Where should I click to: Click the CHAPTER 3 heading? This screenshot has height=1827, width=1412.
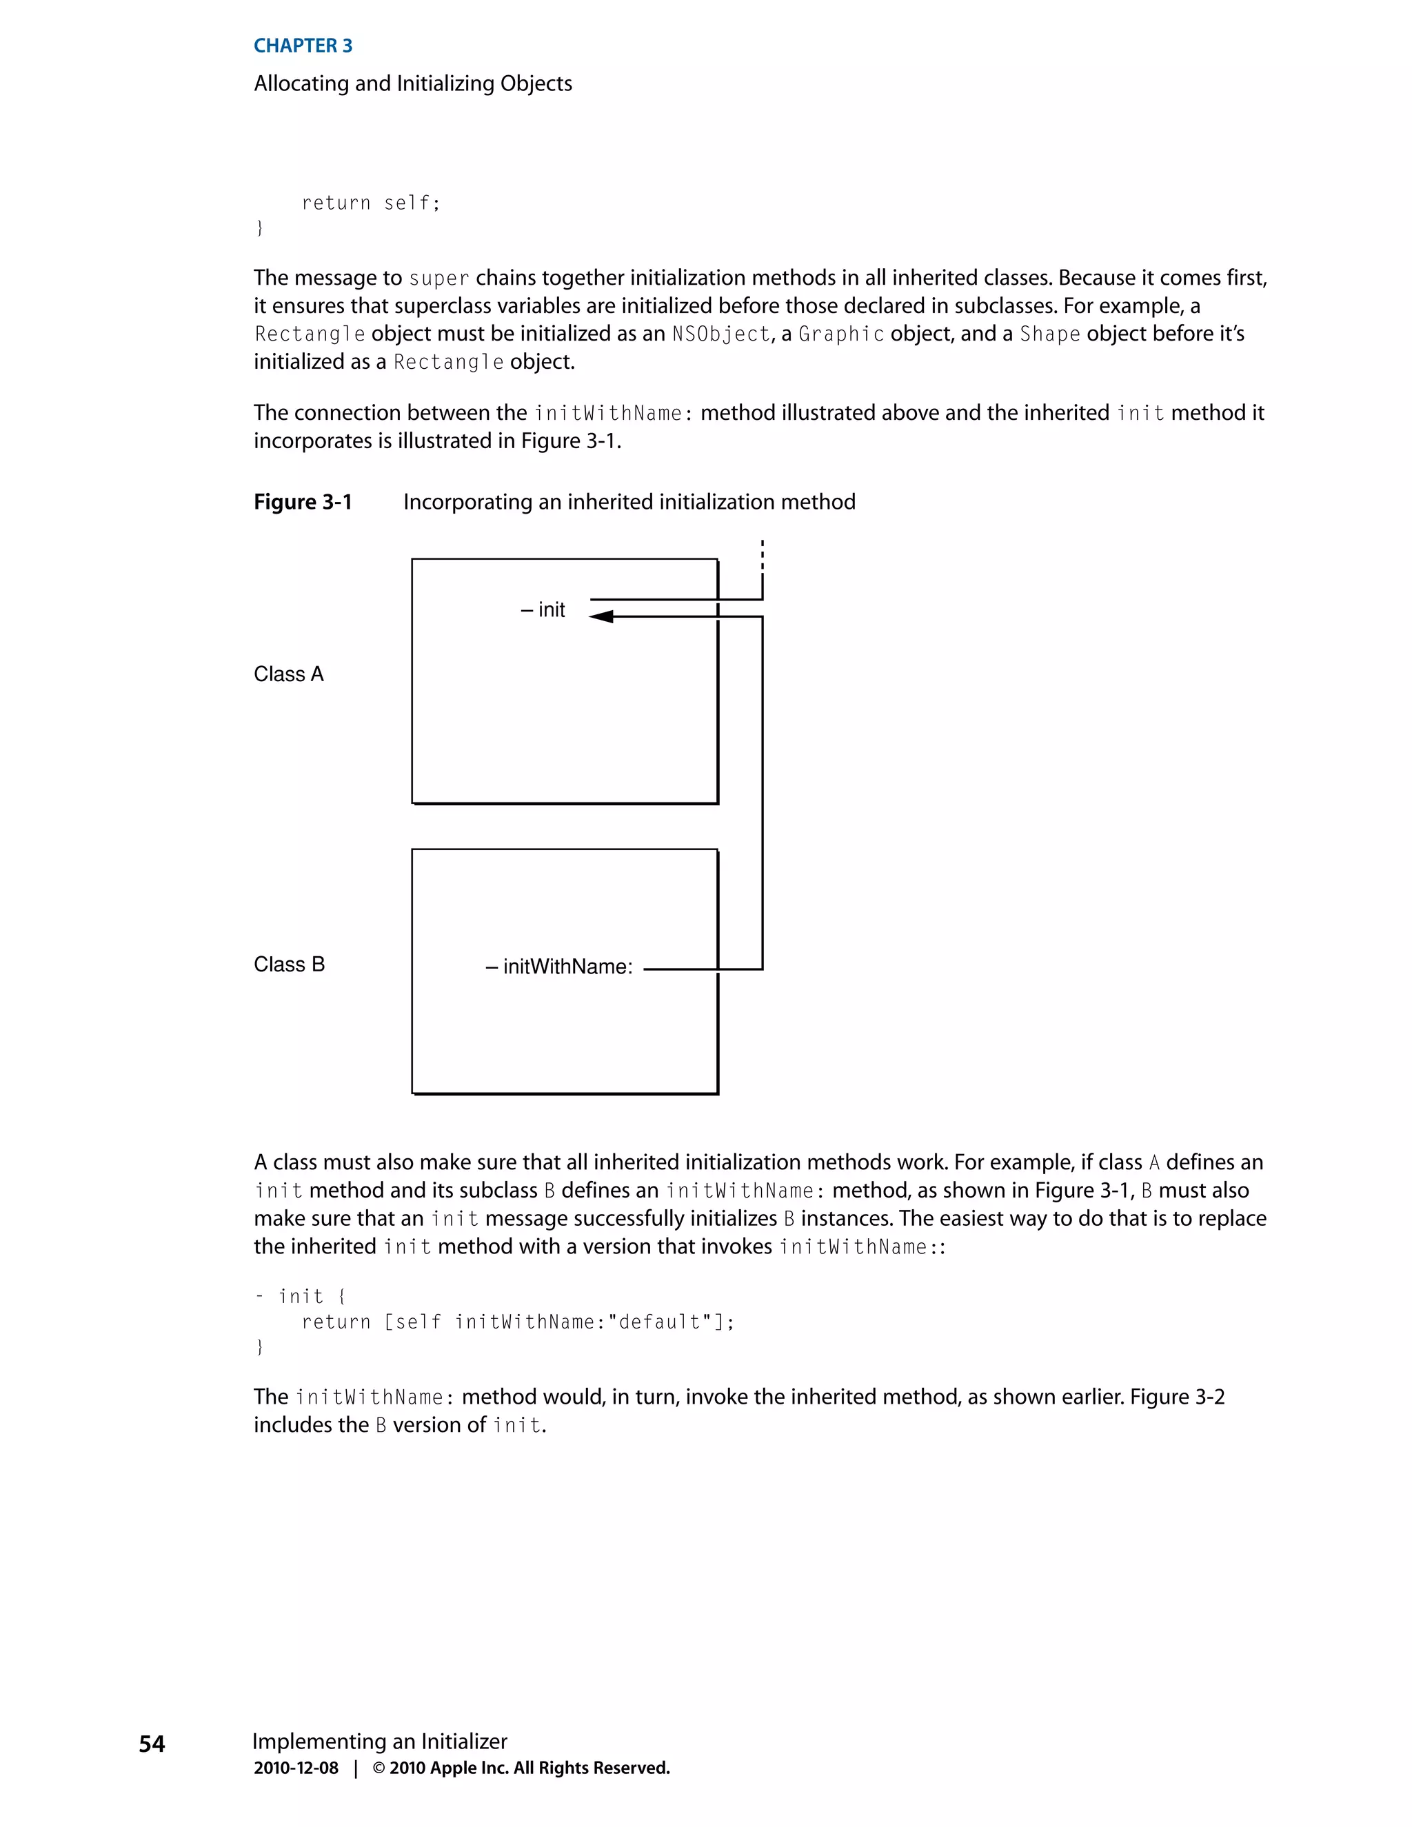click(x=303, y=46)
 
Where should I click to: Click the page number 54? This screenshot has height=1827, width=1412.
click(x=152, y=1744)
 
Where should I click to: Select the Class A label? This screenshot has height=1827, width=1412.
click(x=289, y=674)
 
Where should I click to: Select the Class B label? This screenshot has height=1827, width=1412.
click(x=289, y=965)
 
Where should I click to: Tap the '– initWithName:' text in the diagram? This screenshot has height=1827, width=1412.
click(x=558, y=967)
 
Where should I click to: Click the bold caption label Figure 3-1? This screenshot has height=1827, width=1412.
click(x=303, y=502)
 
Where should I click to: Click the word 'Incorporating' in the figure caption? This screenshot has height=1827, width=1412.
click(x=467, y=502)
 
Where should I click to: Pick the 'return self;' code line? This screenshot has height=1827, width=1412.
click(x=370, y=203)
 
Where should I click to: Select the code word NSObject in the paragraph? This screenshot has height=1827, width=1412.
click(x=721, y=334)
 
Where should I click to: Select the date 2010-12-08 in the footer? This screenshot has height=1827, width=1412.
click(x=296, y=1768)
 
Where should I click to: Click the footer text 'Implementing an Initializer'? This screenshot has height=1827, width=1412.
click(x=380, y=1741)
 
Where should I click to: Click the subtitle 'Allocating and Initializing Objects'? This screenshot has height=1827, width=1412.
click(x=412, y=83)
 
